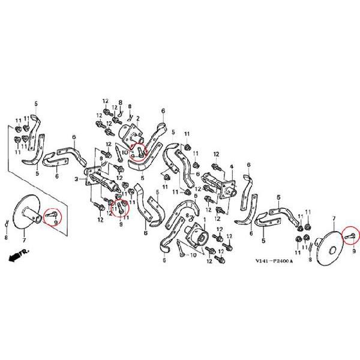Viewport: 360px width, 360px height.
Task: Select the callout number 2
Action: (x=138, y=118)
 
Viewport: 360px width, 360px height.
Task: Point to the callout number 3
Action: (x=76, y=179)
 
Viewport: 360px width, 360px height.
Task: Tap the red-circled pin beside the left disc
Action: (x=52, y=214)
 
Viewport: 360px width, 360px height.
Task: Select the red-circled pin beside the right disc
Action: (x=351, y=236)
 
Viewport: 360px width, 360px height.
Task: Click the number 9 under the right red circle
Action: (x=353, y=253)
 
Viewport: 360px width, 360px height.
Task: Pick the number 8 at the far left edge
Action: (x=5, y=238)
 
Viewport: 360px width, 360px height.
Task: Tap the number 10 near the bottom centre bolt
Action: (x=193, y=255)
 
